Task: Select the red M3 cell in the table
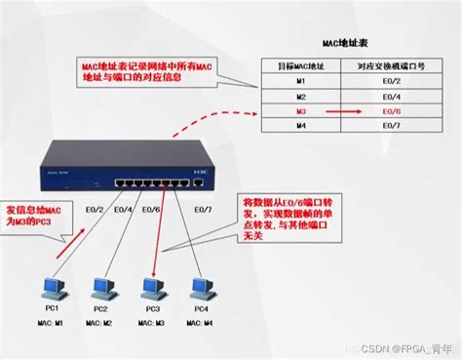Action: click(x=302, y=112)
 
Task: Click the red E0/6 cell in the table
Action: click(x=394, y=112)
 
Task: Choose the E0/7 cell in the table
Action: click(x=394, y=127)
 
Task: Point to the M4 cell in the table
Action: click(x=302, y=127)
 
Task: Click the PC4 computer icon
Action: click(x=202, y=288)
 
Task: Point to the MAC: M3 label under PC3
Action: click(x=151, y=322)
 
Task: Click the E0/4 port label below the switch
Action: click(x=123, y=209)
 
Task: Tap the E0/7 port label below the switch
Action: click(x=202, y=209)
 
